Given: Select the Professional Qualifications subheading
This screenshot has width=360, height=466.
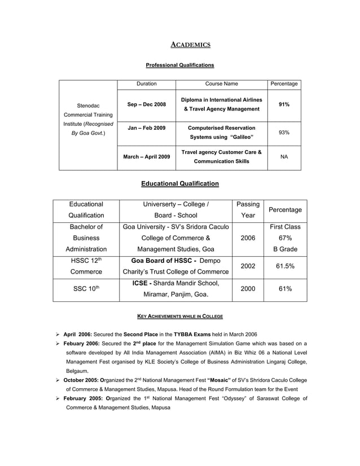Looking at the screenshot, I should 180,65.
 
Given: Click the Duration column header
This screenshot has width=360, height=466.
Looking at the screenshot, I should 146,84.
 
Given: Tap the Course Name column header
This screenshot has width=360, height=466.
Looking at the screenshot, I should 221,84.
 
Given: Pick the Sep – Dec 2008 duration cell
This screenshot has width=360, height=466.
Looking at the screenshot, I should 146,104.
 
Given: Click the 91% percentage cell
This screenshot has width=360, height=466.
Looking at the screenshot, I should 284,104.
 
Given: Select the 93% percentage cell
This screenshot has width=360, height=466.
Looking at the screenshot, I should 284,132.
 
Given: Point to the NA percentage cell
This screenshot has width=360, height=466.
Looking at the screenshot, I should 284,157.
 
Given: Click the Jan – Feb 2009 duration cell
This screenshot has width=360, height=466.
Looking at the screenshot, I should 146,128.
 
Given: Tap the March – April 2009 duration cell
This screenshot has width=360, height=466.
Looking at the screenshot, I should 146,157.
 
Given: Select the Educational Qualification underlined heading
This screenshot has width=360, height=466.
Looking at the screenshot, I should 180,183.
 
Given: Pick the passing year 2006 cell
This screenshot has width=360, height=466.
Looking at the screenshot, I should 248,238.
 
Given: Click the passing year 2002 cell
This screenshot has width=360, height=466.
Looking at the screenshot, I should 248,266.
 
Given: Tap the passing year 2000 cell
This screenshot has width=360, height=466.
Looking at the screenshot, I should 248,288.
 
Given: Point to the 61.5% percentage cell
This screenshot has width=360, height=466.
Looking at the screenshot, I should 285,266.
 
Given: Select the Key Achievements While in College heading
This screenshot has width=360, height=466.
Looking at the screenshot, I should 180,316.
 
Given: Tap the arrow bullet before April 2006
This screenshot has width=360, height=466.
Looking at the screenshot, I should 56,334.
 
